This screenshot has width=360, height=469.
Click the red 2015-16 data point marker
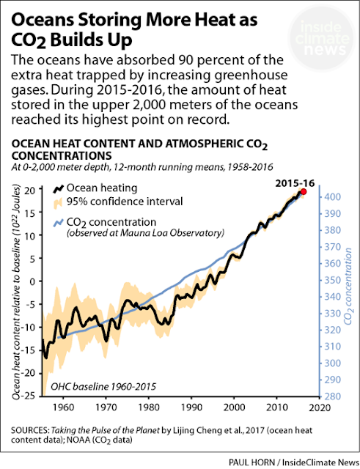click(304, 192)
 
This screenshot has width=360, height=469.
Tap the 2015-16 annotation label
click(295, 183)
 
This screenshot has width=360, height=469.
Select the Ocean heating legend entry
click(95, 188)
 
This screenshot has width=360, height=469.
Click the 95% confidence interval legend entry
click(118, 202)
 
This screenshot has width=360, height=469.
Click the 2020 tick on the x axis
click(319, 407)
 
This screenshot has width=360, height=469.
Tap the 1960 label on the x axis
click(64, 407)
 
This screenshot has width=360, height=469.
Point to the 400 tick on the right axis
click(332, 197)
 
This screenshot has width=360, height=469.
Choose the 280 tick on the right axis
click(332, 396)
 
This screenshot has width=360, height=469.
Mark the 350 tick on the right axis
click(332, 280)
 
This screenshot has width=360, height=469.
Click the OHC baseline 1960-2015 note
click(103, 386)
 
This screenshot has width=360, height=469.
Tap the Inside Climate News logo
click(323, 39)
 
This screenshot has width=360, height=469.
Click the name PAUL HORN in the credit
click(251, 462)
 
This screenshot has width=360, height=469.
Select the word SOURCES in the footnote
click(30, 430)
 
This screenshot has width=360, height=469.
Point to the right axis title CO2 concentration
click(348, 287)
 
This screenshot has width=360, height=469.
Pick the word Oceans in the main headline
click(43, 21)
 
